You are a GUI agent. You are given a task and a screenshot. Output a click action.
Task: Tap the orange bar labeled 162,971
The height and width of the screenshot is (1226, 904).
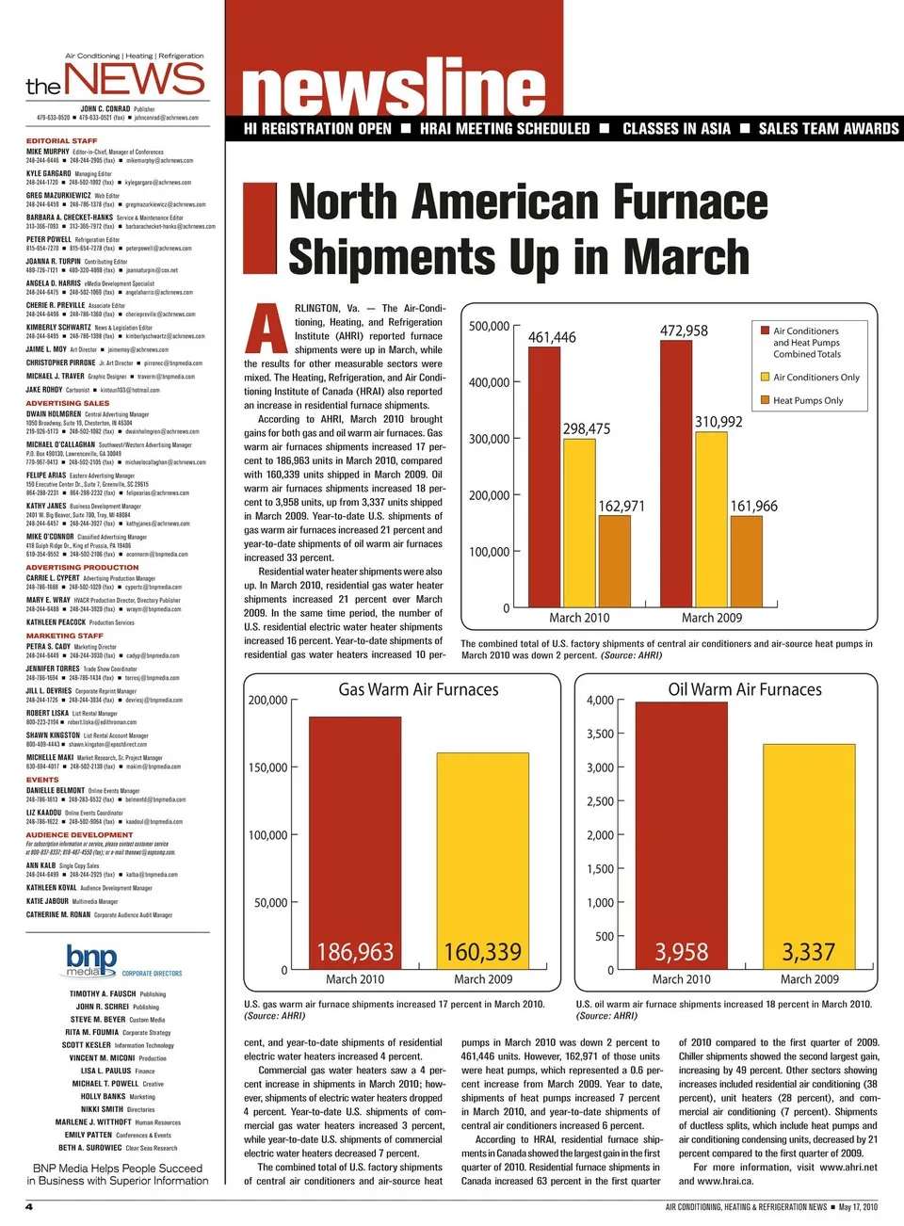click(x=614, y=561)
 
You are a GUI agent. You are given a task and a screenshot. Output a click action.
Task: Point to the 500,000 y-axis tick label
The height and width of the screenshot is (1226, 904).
click(x=489, y=326)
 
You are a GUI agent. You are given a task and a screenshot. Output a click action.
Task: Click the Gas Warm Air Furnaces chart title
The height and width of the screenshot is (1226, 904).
click(x=418, y=689)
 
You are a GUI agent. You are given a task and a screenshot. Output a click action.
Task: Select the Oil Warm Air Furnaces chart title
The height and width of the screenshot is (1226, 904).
click(x=745, y=689)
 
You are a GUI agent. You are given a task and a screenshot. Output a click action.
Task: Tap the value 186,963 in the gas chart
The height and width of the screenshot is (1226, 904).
click(x=355, y=952)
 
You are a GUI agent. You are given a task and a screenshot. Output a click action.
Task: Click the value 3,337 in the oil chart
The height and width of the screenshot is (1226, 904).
click(x=809, y=952)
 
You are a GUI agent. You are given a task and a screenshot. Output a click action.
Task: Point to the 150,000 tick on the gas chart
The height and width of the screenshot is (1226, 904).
click(x=267, y=767)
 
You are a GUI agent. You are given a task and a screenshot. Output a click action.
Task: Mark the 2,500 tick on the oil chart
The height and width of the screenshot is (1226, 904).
click(x=600, y=801)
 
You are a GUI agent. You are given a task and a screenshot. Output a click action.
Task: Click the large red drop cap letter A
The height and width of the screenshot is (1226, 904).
click(x=266, y=329)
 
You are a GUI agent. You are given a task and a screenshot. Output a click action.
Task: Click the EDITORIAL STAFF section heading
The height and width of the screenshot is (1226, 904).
click(x=61, y=140)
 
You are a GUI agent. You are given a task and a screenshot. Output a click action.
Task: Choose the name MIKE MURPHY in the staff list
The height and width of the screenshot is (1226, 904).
click(x=47, y=151)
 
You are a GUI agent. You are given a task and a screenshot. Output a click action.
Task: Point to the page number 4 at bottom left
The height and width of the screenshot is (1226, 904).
click(x=29, y=1206)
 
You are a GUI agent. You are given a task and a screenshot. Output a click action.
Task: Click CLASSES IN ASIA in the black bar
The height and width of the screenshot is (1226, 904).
click(x=676, y=129)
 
